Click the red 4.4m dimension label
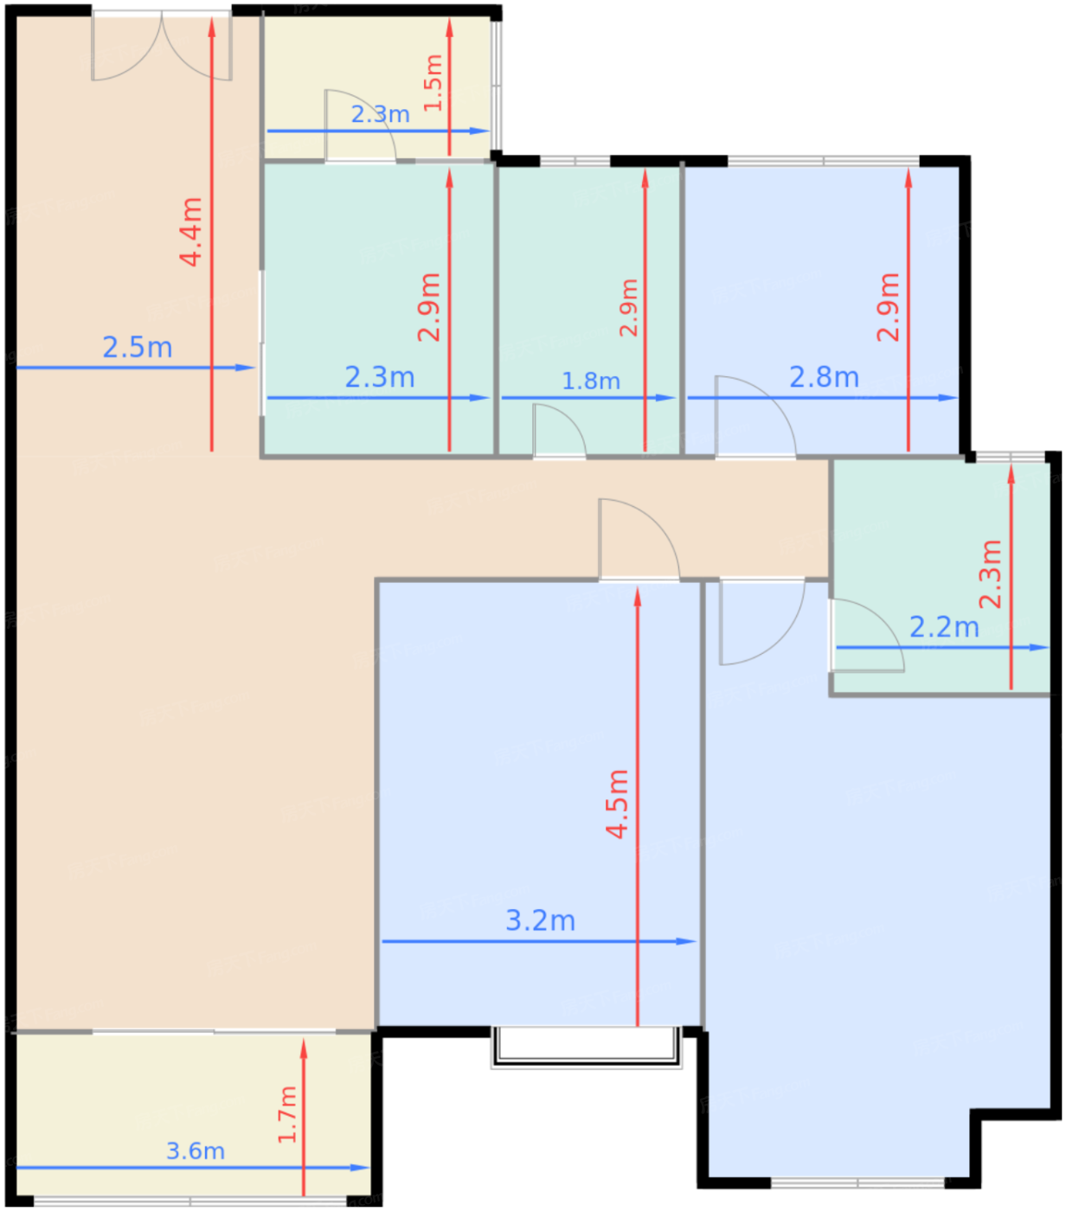coord(191,231)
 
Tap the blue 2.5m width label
coord(138,347)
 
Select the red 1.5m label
coord(433,83)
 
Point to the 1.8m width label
coord(591,381)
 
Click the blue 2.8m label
coord(824,377)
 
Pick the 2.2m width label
coord(944,627)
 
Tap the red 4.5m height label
coord(617,804)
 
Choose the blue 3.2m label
coord(541,919)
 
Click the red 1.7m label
coord(287,1114)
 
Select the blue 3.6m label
coord(196,1150)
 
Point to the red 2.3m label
coord(990,573)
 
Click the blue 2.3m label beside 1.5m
coord(380,114)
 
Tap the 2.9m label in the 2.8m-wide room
coord(888,306)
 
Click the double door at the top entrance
coord(162,46)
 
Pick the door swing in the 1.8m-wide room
coord(560,431)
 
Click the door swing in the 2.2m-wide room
coord(867,635)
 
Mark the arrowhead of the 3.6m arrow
coord(361,1168)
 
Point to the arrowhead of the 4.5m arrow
coord(638,596)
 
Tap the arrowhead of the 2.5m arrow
coord(246,368)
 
